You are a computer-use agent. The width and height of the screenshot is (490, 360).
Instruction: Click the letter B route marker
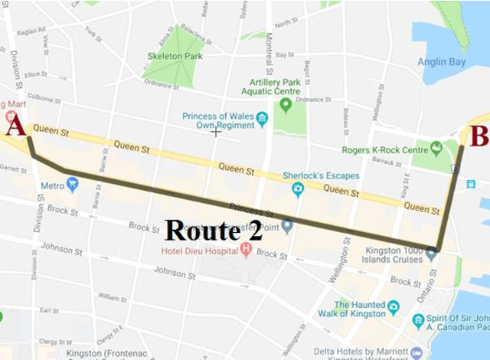point(479,137)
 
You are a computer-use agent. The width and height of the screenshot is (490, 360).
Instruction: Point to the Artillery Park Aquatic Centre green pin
point(286,104)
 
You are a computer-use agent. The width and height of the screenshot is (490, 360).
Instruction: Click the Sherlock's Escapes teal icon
point(298,188)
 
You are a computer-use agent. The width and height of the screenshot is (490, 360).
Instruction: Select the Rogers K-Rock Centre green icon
point(436,147)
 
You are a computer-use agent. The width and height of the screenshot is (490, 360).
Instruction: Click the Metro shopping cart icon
point(72,184)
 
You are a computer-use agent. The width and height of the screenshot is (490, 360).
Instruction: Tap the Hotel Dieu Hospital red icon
point(246,250)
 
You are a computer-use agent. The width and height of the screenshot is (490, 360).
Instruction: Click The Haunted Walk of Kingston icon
point(393,306)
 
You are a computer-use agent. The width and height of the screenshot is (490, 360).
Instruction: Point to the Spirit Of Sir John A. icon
point(418,319)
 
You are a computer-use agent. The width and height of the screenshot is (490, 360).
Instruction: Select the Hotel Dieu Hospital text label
point(199,250)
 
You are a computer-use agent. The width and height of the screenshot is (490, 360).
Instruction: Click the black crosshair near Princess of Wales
point(216,132)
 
